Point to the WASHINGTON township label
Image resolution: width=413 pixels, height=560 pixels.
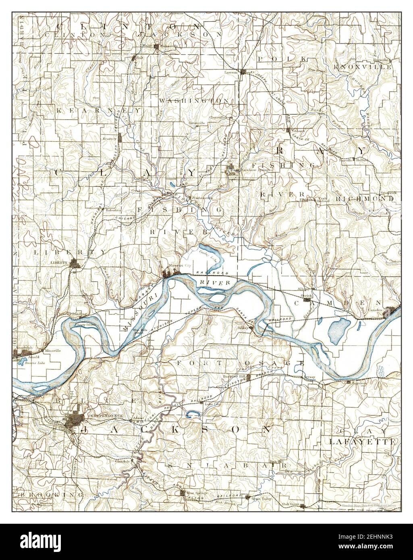tap(194, 100)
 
